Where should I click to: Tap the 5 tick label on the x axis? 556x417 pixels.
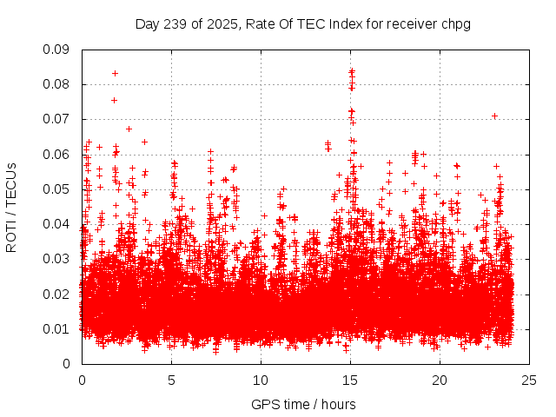pyautogui.click(x=171, y=380)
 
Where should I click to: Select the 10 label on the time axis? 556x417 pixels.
pyautogui.click(x=261, y=380)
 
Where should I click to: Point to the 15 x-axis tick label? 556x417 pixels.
pyautogui.click(x=350, y=380)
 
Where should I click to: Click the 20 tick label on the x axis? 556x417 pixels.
pyautogui.click(x=440, y=380)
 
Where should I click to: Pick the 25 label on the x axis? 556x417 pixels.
pyautogui.click(x=529, y=380)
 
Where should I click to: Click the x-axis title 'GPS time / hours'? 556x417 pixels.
pyautogui.click(x=303, y=404)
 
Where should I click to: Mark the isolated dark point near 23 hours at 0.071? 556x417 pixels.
pyautogui.click(x=494, y=116)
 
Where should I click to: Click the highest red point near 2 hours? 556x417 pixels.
pyautogui.click(x=115, y=73)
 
